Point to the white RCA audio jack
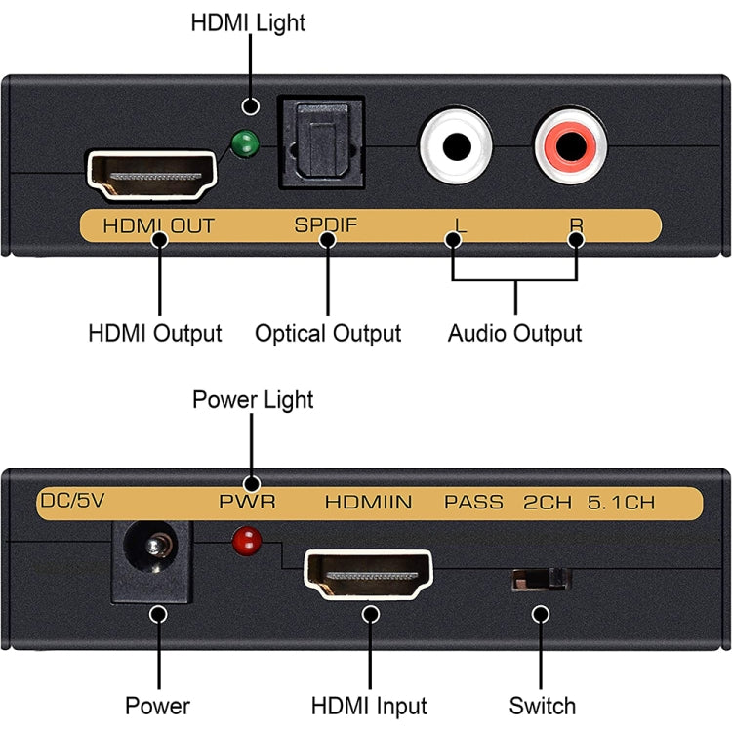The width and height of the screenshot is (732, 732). (456, 146)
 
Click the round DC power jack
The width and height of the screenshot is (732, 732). (151, 559)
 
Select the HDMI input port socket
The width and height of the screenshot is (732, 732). (370, 576)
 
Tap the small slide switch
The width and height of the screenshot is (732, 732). (542, 580)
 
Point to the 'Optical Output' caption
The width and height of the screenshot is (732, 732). (328, 334)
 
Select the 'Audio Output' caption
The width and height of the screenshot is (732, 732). (514, 334)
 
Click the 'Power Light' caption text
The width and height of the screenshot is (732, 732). (253, 400)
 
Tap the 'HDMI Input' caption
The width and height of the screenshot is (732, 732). (369, 706)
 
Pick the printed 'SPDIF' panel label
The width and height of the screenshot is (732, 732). (326, 226)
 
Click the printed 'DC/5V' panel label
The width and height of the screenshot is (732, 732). (72, 503)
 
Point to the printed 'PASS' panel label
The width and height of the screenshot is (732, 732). (474, 503)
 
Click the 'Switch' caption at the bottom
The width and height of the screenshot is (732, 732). (543, 706)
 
